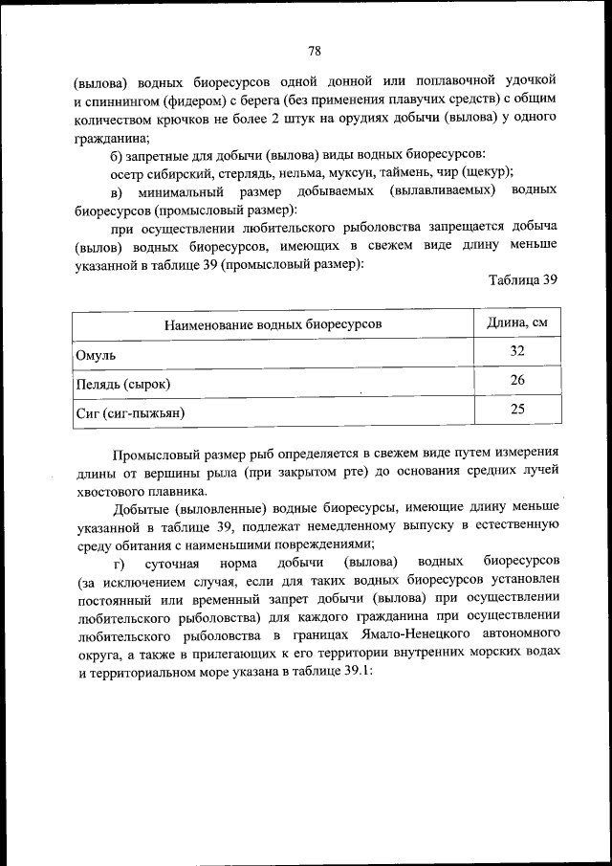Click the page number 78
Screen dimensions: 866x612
coord(314,51)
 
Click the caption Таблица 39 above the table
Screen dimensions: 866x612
coord(522,280)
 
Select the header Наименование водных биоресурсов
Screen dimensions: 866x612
coord(273,324)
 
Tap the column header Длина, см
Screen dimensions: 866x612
coord(517,323)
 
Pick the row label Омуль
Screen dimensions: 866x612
coord(97,355)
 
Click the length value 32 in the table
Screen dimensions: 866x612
coord(517,351)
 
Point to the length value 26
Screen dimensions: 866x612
coord(517,380)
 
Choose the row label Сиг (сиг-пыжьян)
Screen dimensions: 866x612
coord(129,413)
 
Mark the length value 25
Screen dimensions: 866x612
coord(517,409)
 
